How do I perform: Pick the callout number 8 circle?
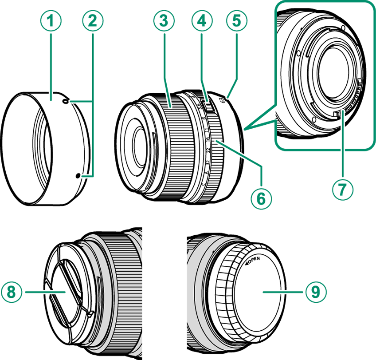[x=13, y=292]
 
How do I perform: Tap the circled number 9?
[x=315, y=292]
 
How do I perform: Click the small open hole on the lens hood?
[x=66, y=102]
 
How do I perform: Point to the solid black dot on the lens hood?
[x=79, y=176]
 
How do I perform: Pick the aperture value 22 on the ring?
[x=208, y=150]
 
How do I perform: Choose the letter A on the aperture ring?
[x=206, y=173]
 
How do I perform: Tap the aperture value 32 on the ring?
[x=207, y=162]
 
